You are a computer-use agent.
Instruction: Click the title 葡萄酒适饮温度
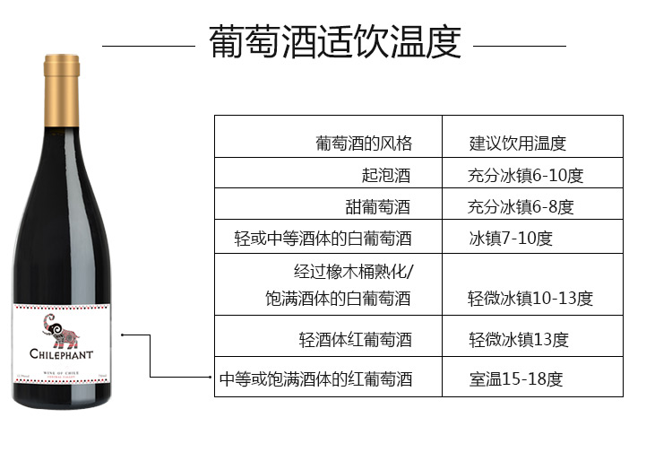pos(334,42)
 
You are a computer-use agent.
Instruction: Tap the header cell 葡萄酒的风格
pos(363,143)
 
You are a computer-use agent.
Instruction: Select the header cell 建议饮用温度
pos(518,143)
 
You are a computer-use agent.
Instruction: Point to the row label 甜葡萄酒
pos(378,206)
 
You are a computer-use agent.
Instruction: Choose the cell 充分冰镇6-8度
pos(521,206)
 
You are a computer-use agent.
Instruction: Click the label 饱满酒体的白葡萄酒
pos(337,299)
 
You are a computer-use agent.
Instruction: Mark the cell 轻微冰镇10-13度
pos(530,299)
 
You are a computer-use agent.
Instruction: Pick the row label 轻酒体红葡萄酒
pos(355,340)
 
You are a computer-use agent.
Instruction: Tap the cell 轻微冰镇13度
pos(518,340)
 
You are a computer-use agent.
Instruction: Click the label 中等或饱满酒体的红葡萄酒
pos(316,379)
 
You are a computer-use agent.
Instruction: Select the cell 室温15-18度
pos(515,379)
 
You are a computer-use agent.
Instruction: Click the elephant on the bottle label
pos(61,328)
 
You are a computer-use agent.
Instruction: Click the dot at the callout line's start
pos(123,336)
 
